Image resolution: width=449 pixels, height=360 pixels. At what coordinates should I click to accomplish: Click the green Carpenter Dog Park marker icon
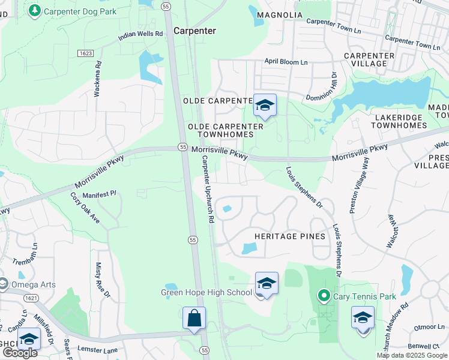click(x=35, y=10)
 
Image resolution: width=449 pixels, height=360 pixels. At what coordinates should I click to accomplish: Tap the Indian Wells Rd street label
click(x=140, y=35)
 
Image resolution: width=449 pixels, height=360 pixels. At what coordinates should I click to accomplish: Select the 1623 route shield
click(x=85, y=53)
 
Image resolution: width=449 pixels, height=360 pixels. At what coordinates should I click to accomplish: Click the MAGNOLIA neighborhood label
click(x=279, y=15)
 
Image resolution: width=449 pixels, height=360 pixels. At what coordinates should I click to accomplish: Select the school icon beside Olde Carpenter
click(x=264, y=106)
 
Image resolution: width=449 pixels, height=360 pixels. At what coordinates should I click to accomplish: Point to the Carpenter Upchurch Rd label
click(x=208, y=190)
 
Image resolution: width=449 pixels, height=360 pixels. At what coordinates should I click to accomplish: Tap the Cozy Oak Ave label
click(x=85, y=207)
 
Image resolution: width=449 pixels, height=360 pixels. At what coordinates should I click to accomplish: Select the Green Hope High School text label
click(x=206, y=292)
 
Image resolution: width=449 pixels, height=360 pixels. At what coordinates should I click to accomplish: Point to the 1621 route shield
click(x=31, y=298)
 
